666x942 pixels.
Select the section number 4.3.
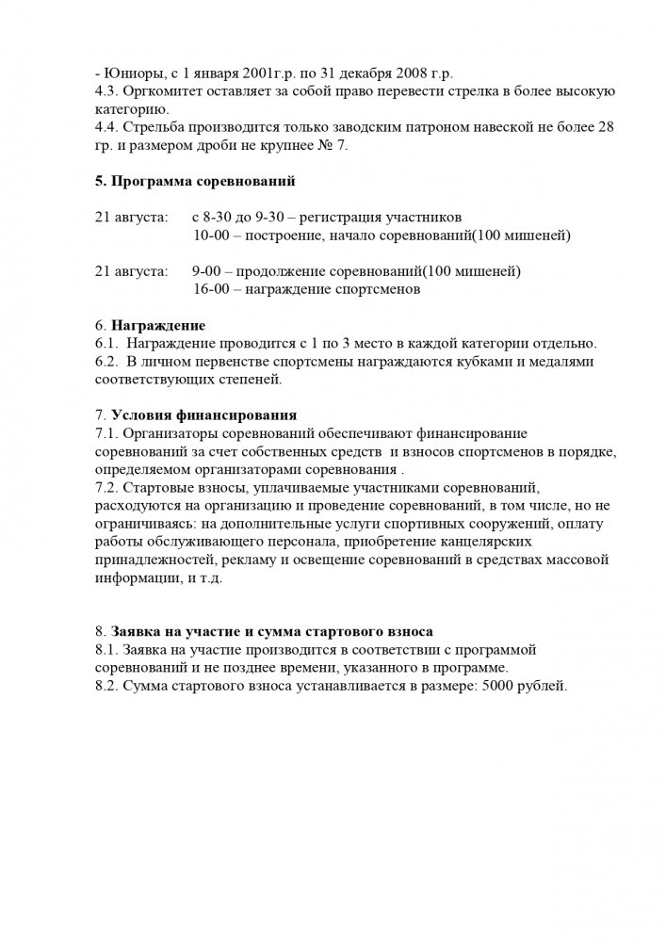(x=108, y=90)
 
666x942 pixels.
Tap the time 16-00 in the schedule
(x=212, y=289)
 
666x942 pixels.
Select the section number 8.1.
(x=108, y=651)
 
